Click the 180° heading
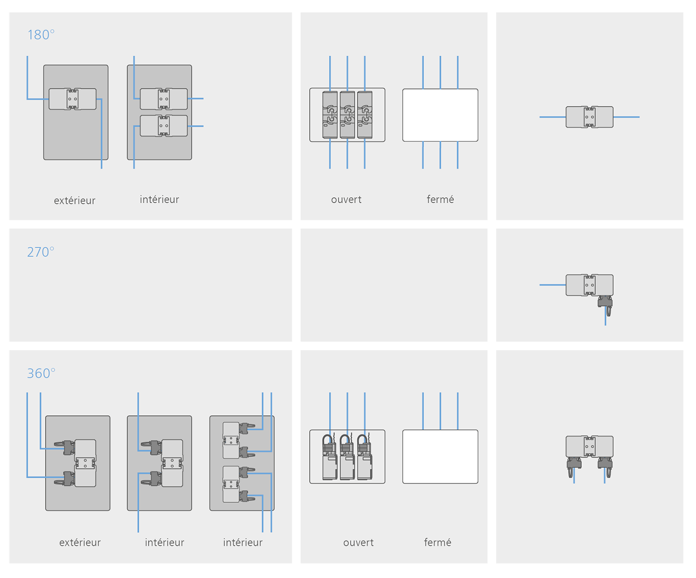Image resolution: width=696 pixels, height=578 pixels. click(x=41, y=35)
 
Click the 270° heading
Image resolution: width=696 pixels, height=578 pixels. click(x=41, y=252)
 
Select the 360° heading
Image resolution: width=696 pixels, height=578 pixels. click(x=41, y=373)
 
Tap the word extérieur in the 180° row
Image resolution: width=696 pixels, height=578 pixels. click(x=74, y=200)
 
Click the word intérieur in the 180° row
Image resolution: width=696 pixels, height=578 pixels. click(x=159, y=199)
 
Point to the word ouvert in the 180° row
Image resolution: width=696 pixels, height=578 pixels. click(x=346, y=199)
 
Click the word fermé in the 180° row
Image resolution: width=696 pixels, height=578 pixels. click(x=440, y=199)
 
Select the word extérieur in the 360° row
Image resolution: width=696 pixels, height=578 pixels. click(x=80, y=542)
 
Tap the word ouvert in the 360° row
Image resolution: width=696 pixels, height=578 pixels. click(x=358, y=542)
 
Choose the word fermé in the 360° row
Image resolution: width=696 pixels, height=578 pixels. click(x=437, y=542)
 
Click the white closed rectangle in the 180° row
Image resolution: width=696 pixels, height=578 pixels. click(x=440, y=115)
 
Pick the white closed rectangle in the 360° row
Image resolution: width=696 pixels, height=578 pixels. click(x=440, y=456)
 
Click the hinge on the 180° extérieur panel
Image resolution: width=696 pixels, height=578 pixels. click(x=72, y=99)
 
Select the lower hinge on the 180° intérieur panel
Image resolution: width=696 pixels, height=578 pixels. click(x=164, y=126)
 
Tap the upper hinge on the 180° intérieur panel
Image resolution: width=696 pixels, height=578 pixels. click(x=164, y=99)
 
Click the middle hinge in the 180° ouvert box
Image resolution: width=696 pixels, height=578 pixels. click(x=347, y=115)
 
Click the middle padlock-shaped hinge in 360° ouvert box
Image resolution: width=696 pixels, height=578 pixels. click(x=347, y=457)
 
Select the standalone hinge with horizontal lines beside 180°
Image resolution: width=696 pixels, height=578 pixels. click(x=589, y=117)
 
